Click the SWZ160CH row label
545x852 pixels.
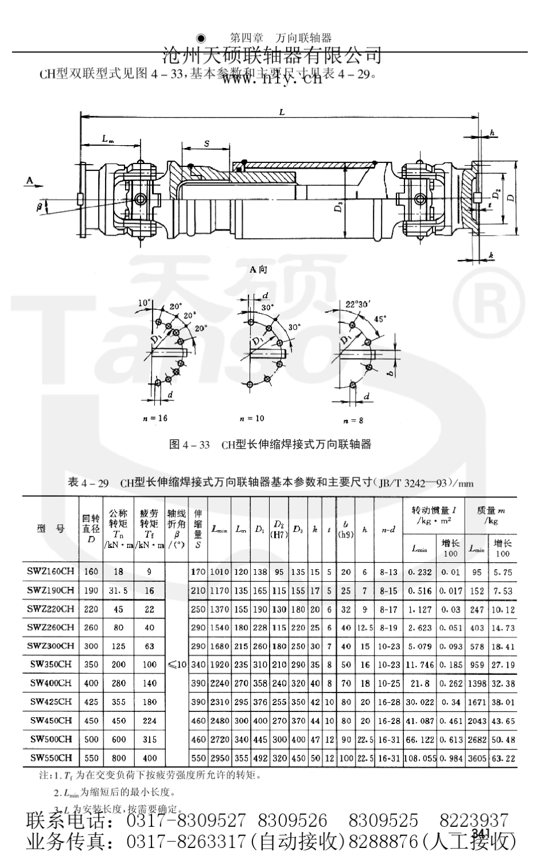[x=50, y=571]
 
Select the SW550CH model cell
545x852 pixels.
[x=50, y=757]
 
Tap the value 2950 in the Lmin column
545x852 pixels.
[x=220, y=758]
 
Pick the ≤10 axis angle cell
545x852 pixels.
[x=177, y=664]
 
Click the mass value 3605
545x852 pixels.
[x=477, y=758]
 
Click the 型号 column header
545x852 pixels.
[x=50, y=529]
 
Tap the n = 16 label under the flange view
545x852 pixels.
[x=155, y=418]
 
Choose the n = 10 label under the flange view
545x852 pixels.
[x=252, y=418]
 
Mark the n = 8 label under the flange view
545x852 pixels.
[x=353, y=421]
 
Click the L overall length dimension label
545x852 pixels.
[x=282, y=112]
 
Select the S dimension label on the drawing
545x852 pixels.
[x=206, y=144]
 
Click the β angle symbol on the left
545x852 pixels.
[x=40, y=208]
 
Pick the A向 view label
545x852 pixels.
[x=258, y=270]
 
